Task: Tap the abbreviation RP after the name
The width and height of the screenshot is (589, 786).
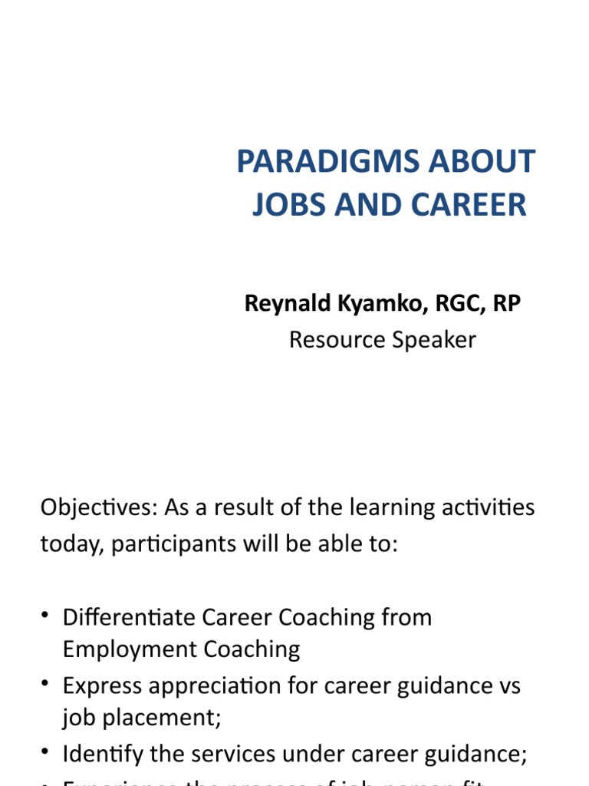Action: [x=507, y=304]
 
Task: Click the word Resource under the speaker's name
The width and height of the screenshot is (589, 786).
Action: [x=334, y=339]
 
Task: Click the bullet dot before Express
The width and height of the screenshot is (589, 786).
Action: [x=46, y=683]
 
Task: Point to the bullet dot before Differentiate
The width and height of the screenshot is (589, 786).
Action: [x=46, y=616]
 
